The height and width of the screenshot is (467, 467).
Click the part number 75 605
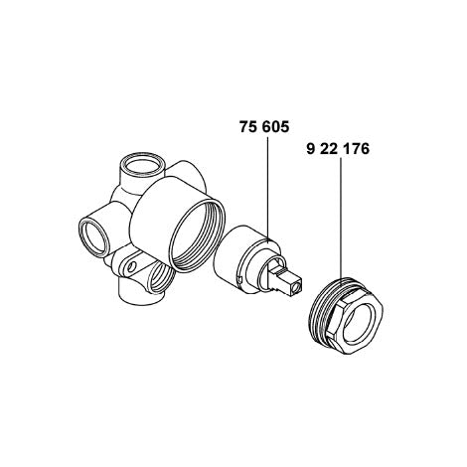point(264,127)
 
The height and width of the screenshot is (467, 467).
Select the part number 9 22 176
point(338,149)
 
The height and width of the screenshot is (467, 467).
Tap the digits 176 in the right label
point(356,149)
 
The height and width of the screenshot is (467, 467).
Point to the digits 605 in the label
point(275,127)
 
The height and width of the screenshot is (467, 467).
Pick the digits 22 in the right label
point(329,149)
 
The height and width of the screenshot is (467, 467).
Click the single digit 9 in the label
point(310,149)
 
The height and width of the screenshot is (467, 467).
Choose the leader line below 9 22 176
point(341,219)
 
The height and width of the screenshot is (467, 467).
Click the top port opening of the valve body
point(141,165)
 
